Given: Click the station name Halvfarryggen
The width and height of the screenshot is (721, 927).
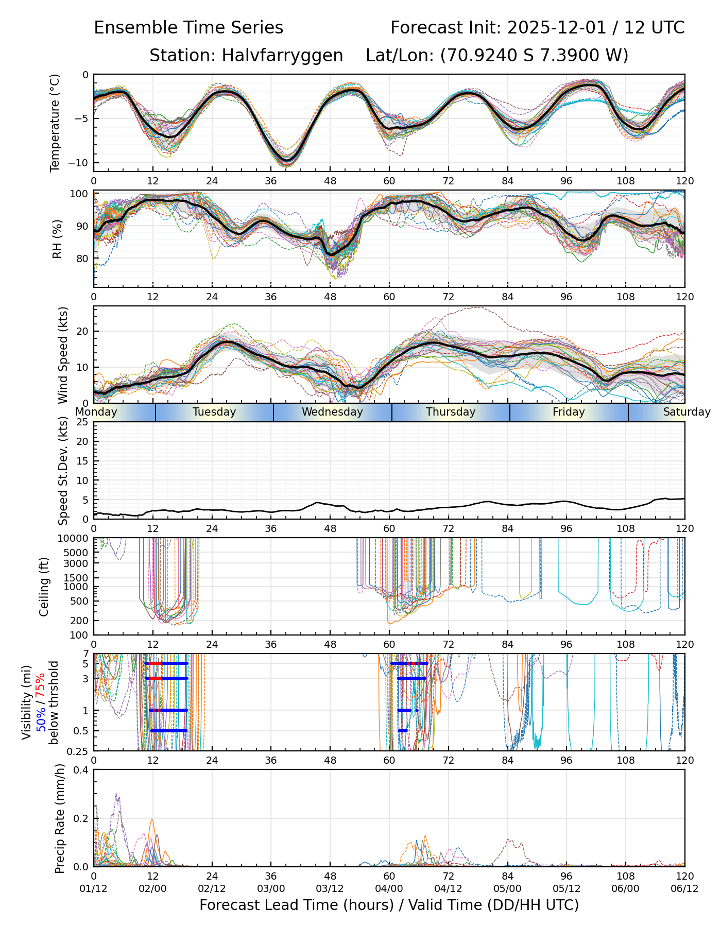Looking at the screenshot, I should [x=282, y=56].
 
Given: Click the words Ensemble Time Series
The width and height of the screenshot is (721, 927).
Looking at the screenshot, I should [x=188, y=28].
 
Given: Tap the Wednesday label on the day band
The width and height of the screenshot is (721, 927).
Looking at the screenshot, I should [x=332, y=412].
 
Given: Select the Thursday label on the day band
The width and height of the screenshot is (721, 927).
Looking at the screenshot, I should [x=451, y=412].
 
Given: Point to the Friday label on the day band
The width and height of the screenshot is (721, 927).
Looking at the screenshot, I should [x=569, y=412].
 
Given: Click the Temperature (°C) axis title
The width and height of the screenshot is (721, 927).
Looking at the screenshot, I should [x=55, y=123].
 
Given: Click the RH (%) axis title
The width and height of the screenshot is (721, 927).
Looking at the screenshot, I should [x=57, y=239].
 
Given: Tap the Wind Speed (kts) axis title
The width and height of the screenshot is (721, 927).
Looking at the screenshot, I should [x=63, y=355].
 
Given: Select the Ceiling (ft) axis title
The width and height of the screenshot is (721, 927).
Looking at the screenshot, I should [x=44, y=587].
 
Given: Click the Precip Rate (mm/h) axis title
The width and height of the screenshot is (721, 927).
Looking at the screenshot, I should [x=60, y=818].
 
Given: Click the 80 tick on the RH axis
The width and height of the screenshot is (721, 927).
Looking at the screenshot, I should [x=82, y=259].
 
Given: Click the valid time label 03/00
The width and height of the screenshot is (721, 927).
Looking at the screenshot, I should [x=271, y=888].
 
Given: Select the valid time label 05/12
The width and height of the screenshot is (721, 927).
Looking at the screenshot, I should [x=566, y=888].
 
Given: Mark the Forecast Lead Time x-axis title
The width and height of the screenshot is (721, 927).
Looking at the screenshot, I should [x=389, y=905].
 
